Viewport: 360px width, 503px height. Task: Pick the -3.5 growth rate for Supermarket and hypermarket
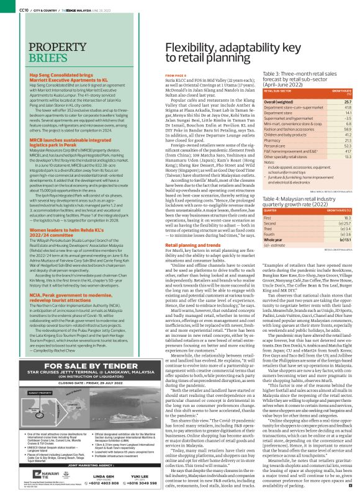pyautogui.click(x=348, y=117)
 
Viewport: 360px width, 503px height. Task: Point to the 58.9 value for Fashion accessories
pyautogui.click(x=348, y=128)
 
